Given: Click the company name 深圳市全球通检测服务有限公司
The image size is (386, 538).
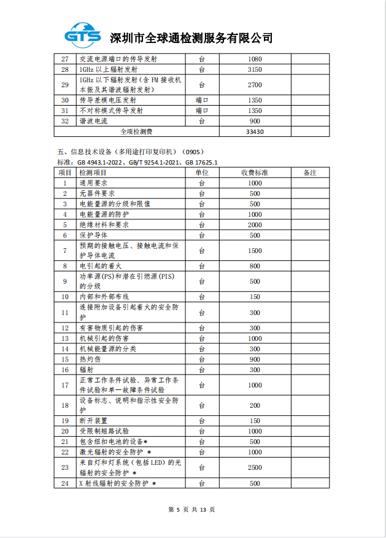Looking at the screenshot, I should tap(190, 38).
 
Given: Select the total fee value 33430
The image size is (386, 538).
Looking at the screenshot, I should tap(255, 131).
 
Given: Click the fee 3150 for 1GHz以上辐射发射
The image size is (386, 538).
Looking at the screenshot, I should tap(255, 69).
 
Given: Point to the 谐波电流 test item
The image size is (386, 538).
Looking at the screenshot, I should tap(94, 121).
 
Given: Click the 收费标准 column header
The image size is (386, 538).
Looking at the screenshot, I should tap(255, 173).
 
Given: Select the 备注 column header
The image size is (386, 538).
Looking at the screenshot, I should tap(310, 173).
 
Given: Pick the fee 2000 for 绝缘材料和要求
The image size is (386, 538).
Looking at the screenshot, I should tap(255, 225).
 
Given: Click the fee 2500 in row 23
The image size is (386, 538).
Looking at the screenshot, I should tap(255, 467).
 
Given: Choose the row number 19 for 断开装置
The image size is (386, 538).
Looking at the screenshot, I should tap(65, 421).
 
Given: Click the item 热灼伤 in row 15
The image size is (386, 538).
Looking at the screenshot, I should tap(90, 359).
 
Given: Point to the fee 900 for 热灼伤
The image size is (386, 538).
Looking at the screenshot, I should tap(255, 359).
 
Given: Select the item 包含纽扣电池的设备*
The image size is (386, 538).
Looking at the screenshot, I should tap(113, 442).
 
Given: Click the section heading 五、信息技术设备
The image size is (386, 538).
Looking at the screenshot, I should tap(129, 151).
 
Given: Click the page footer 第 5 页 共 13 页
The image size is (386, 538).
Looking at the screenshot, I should tap(192, 509).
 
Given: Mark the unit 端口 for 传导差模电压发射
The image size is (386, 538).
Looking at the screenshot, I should tap(202, 99).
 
